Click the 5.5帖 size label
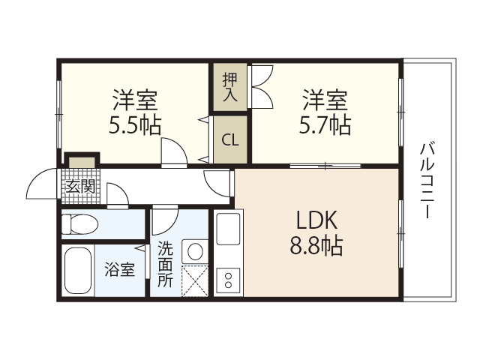[135, 124]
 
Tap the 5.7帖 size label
[325, 124]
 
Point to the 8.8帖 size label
[317, 246]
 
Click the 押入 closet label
[230, 85]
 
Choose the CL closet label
[230, 139]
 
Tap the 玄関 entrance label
[80, 186]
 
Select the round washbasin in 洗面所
[196, 250]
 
